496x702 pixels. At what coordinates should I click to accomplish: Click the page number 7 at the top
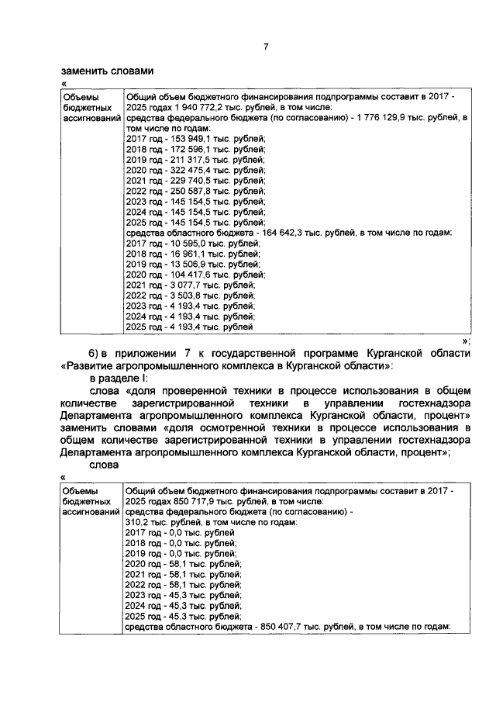tap(265, 47)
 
